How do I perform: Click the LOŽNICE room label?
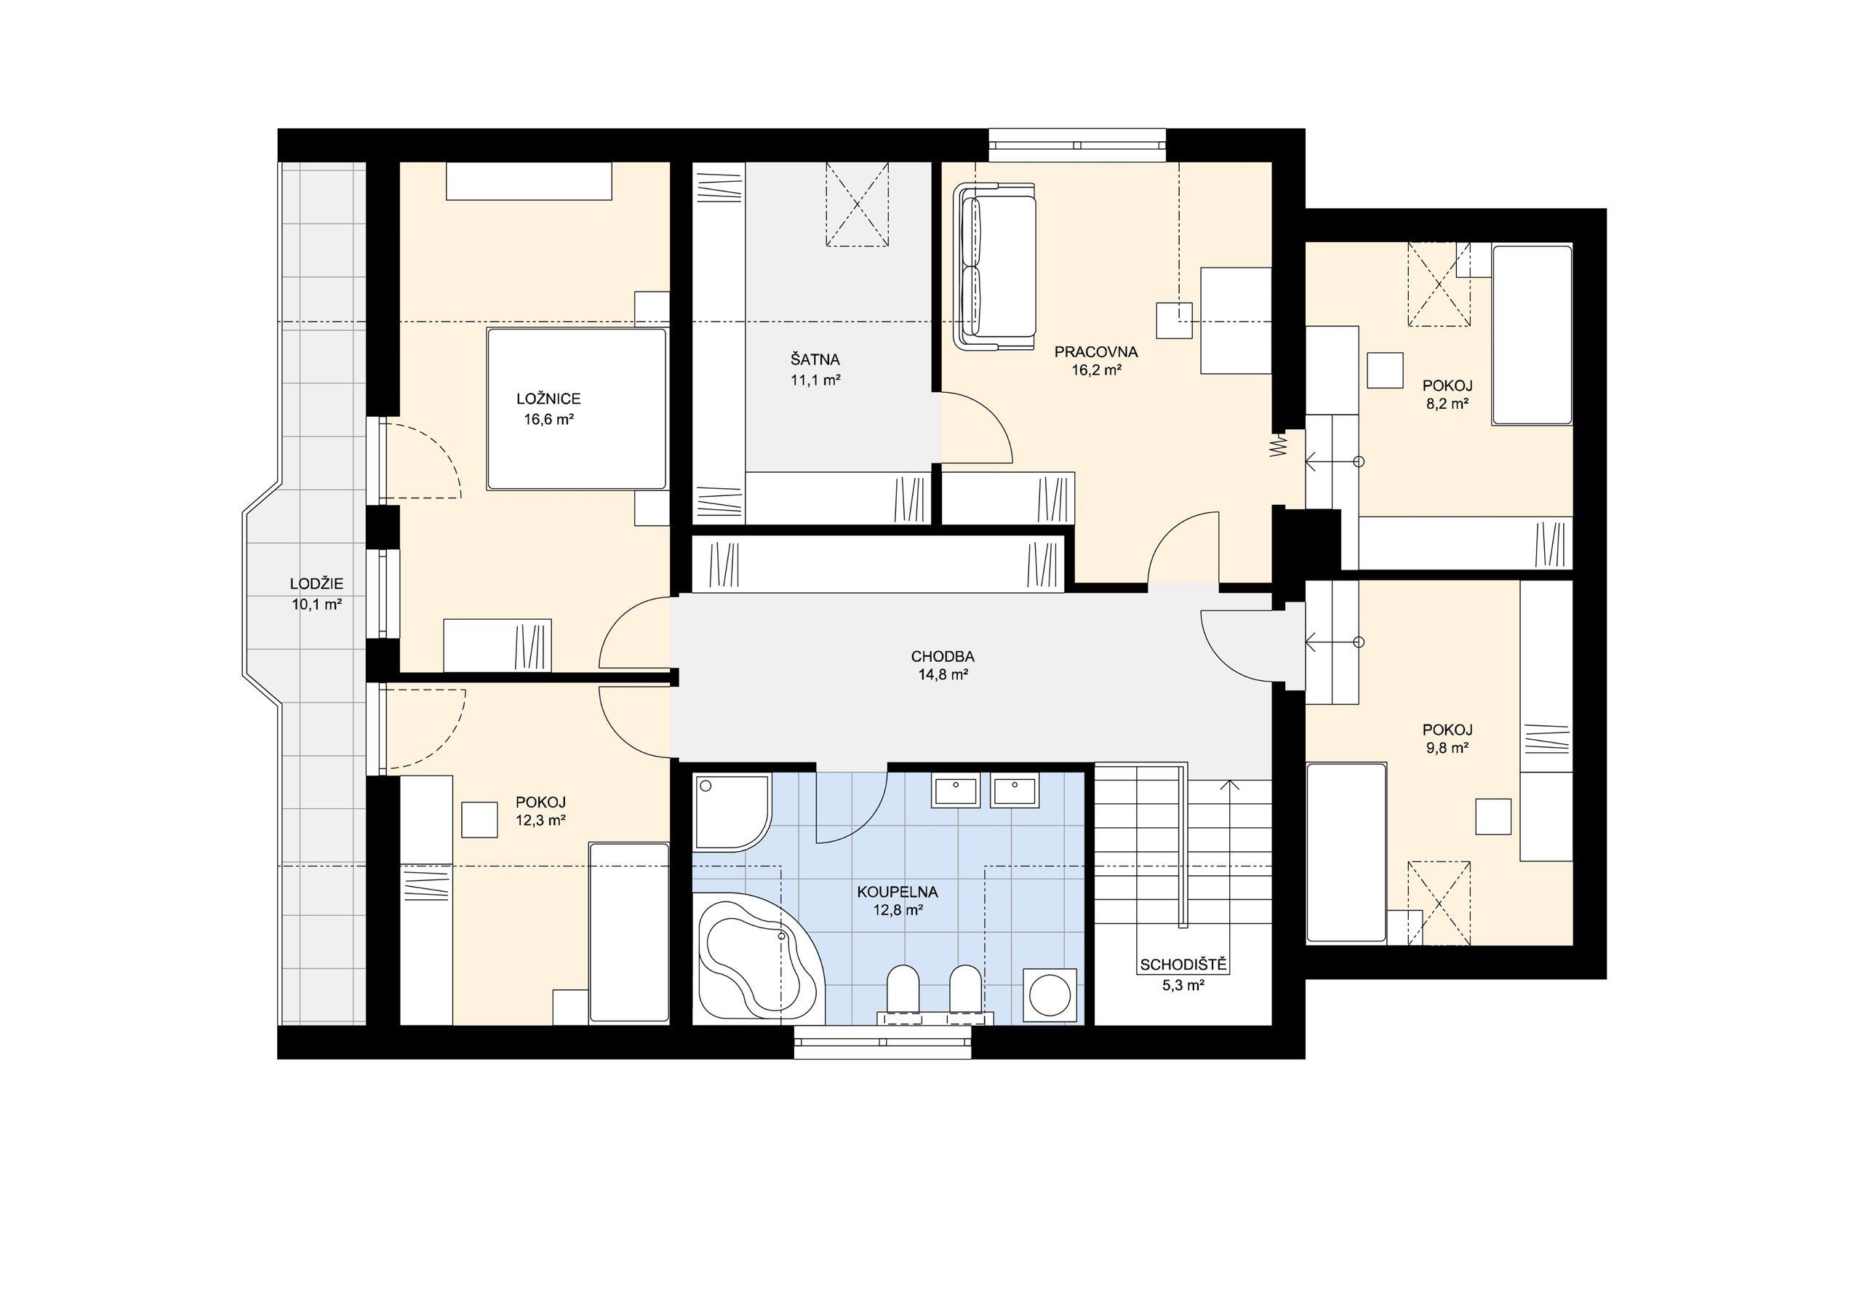548,399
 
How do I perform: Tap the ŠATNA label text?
815,359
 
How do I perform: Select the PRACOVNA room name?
1095,352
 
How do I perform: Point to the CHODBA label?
943,656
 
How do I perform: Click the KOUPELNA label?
898,893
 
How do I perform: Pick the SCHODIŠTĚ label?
1184,965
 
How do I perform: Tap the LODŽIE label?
316,583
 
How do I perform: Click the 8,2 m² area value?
1447,403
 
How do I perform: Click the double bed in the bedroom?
577,409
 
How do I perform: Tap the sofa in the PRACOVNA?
995,267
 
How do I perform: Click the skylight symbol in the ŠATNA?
858,204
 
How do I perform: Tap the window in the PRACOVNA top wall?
1077,145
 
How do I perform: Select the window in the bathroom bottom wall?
882,1042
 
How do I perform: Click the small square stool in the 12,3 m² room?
479,819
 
